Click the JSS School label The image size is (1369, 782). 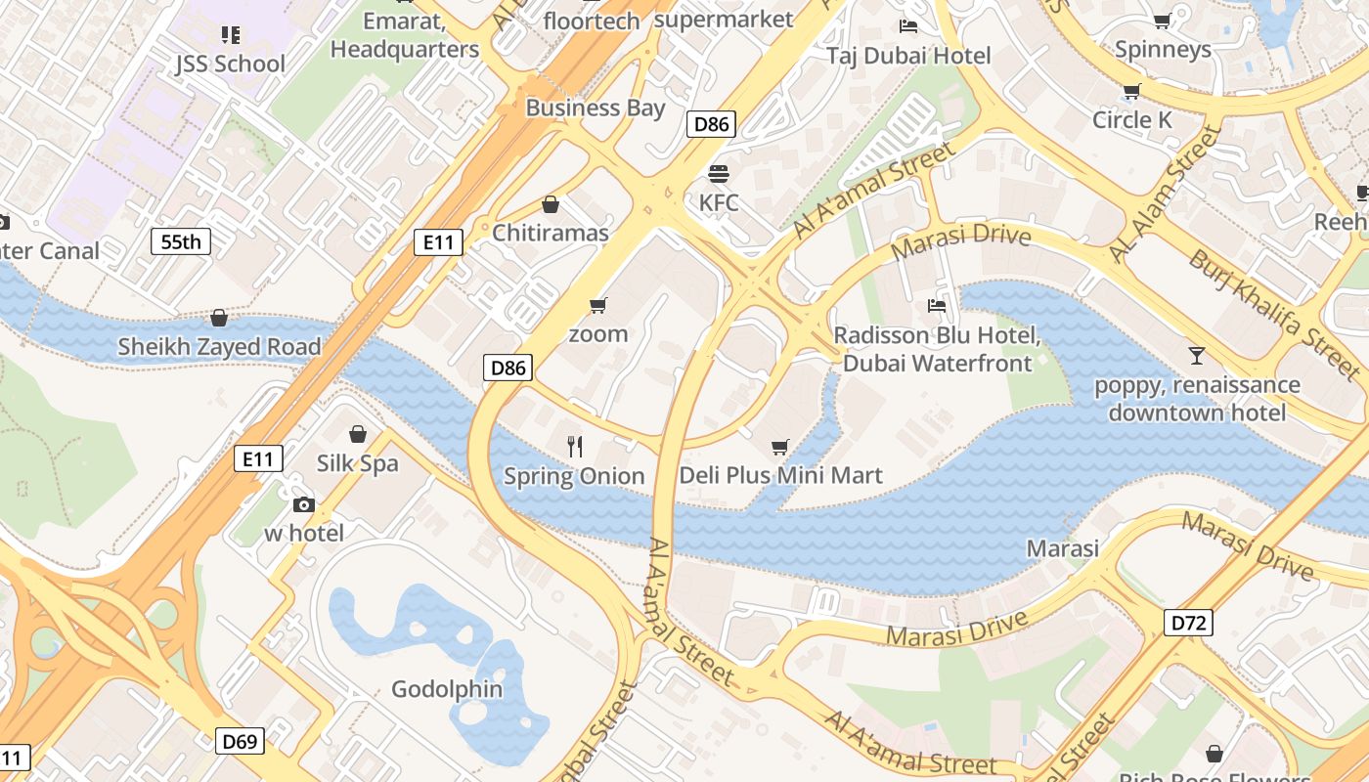click(231, 65)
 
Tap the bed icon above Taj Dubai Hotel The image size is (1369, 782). click(908, 26)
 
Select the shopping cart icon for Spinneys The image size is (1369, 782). click(1163, 21)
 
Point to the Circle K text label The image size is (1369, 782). click(1131, 120)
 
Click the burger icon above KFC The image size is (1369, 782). click(719, 174)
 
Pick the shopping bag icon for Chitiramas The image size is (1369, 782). click(551, 204)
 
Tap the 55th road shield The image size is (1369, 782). click(181, 241)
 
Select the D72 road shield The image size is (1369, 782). click(1188, 623)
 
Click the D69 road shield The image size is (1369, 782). click(240, 741)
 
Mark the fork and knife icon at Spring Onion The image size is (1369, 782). click(575, 447)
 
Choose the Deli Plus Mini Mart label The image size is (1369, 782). click(780, 476)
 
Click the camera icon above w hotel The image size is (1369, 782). click(304, 504)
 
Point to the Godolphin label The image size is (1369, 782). click(447, 689)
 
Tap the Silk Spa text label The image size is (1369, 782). click(357, 463)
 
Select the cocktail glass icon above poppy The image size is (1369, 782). click(1197, 355)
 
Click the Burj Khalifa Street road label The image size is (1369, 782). click(1273, 313)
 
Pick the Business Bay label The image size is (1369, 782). click(595, 109)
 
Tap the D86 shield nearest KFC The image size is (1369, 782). click(711, 124)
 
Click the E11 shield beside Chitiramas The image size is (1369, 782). click(437, 242)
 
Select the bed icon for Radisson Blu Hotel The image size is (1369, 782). click(937, 306)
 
